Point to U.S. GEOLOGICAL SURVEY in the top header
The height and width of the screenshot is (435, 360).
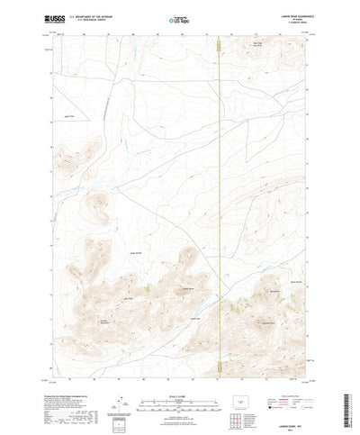(98, 20)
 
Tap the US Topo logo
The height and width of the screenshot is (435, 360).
(180, 18)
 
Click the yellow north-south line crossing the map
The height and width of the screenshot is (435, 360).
(219, 180)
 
